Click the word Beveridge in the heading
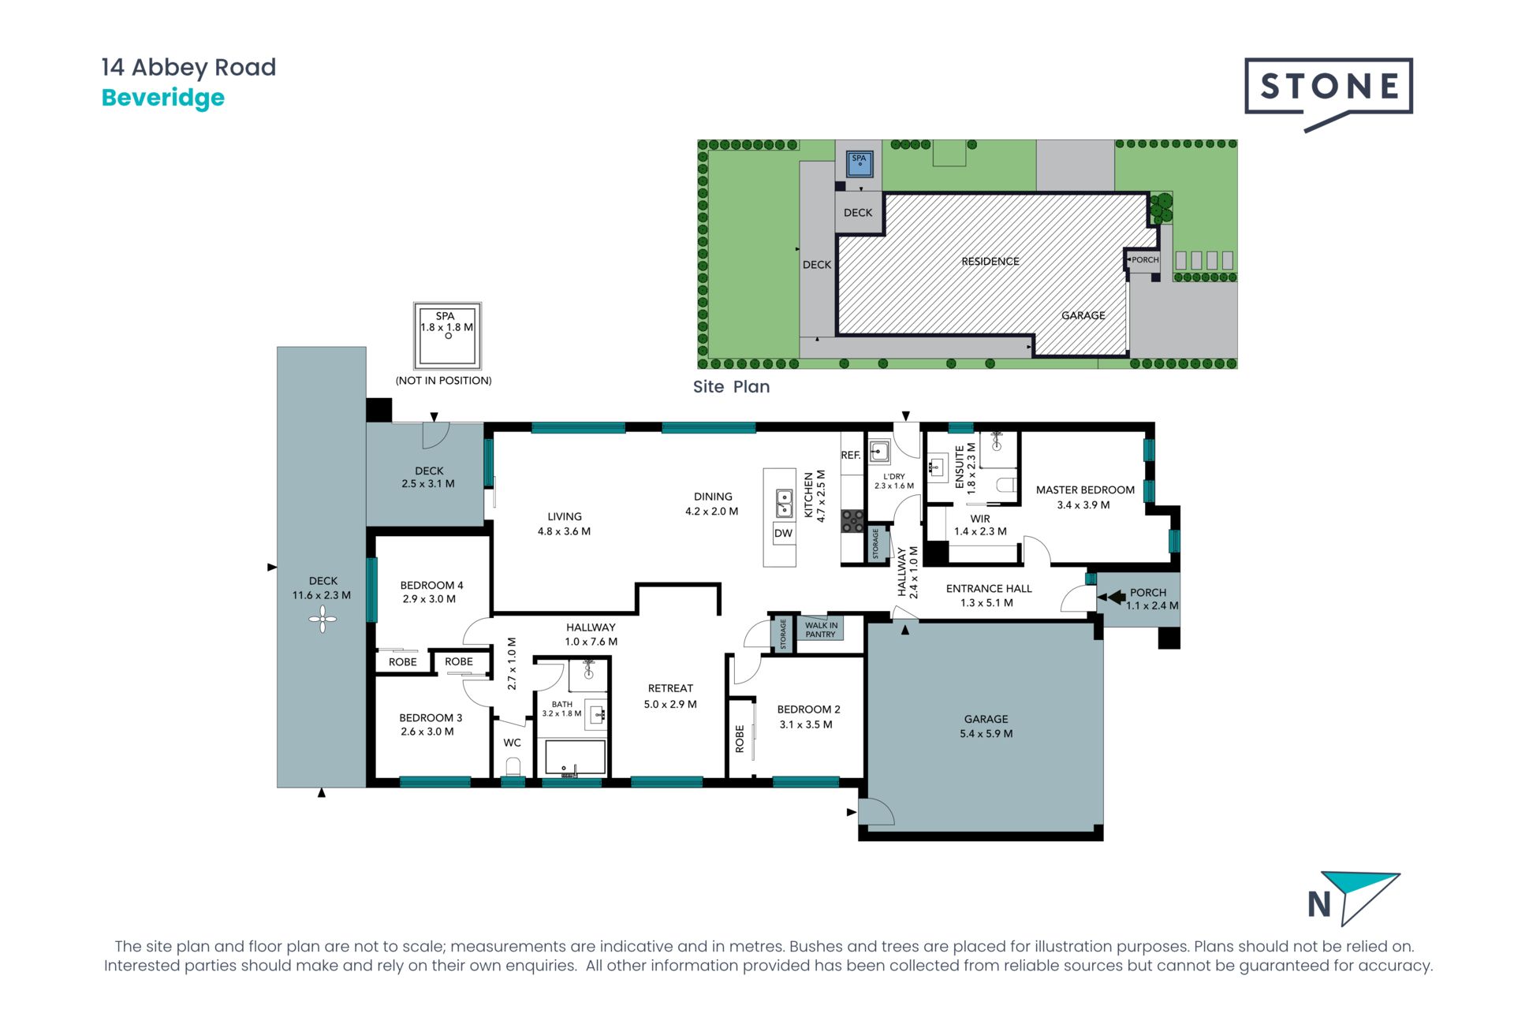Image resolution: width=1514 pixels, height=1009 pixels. click(163, 98)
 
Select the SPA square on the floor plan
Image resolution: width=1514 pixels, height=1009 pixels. click(447, 337)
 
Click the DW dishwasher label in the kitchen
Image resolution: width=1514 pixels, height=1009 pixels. click(783, 533)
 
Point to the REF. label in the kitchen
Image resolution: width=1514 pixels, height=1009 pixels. click(851, 455)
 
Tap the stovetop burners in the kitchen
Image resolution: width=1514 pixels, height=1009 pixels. click(852, 520)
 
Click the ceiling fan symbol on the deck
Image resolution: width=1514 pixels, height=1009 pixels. click(323, 620)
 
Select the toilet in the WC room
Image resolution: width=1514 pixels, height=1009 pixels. click(513, 766)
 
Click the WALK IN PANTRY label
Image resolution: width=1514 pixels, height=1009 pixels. click(821, 630)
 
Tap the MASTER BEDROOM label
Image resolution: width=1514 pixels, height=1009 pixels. click(1085, 490)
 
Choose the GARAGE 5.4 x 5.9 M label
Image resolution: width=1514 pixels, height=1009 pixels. click(986, 726)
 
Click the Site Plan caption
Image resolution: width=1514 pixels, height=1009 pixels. click(731, 387)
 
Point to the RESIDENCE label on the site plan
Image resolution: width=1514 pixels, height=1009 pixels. click(990, 261)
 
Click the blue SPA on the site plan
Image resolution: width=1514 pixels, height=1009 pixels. click(859, 164)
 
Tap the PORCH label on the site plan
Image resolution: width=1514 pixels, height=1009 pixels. click(1145, 259)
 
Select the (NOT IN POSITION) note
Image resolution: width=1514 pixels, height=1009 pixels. click(443, 381)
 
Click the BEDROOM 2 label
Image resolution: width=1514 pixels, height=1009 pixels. click(808, 709)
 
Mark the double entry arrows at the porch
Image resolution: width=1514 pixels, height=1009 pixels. click(1112, 598)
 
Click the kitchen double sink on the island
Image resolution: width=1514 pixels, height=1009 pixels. click(784, 503)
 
